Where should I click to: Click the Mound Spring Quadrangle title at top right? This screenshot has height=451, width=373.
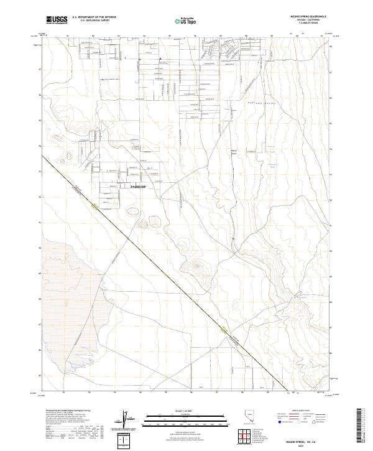[x=308, y=16]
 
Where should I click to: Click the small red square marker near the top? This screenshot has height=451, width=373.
[x=160, y=60]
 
